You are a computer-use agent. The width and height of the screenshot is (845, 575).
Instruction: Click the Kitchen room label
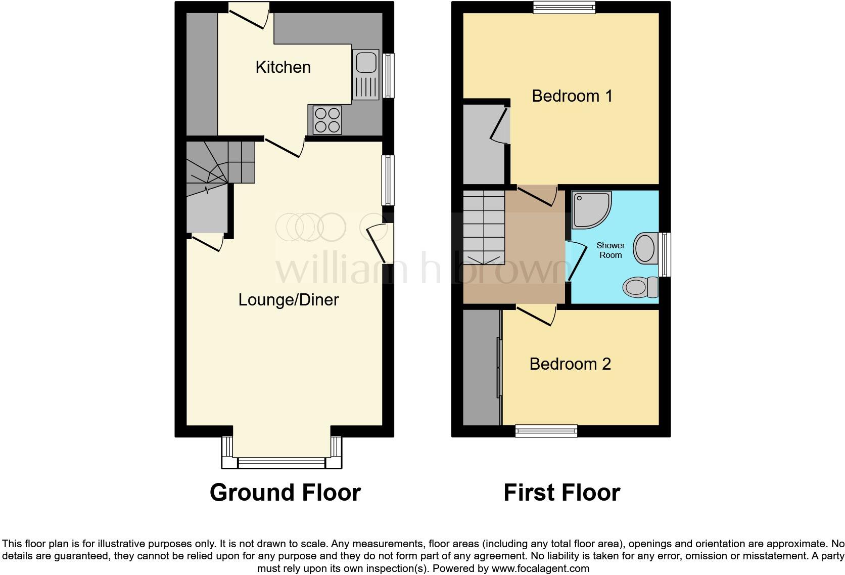click(283, 67)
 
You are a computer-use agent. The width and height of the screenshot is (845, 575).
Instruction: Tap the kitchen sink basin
click(366, 62)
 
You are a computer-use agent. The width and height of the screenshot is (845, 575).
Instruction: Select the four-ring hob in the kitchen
click(326, 120)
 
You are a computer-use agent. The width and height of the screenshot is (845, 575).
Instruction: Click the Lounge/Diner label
click(288, 300)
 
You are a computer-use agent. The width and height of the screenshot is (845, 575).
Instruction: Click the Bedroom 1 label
click(572, 96)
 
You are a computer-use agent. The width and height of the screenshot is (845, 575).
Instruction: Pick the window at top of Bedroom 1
click(565, 7)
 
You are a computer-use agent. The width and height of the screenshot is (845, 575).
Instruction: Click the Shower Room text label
click(611, 250)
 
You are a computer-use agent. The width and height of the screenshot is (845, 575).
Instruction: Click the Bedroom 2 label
click(570, 364)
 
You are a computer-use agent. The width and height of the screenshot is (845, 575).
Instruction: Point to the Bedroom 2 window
click(546, 431)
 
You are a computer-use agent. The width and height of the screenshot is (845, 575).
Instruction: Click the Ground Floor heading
click(285, 493)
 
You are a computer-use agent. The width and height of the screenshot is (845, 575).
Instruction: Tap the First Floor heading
click(561, 493)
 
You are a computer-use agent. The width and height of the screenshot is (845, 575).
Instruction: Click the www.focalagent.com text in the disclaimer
click(540, 568)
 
